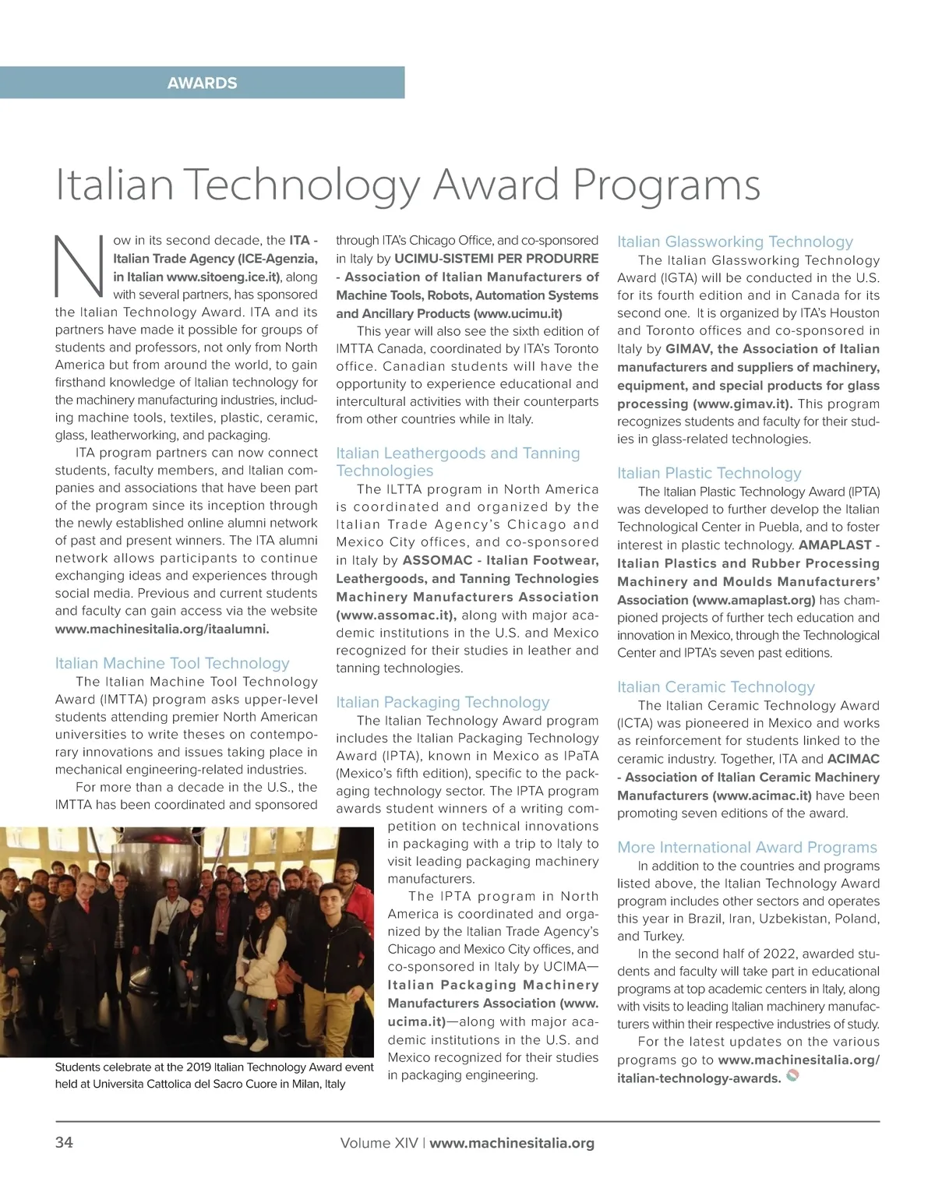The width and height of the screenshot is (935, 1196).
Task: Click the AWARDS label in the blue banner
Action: [202, 83]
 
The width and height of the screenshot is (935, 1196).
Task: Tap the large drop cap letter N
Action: [79, 267]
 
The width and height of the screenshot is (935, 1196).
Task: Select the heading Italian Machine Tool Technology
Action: [172, 663]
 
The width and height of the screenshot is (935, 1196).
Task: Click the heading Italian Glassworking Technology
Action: [735, 242]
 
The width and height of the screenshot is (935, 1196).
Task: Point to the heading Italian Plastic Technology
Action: [709, 473]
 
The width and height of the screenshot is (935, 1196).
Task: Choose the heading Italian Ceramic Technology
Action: [715, 686]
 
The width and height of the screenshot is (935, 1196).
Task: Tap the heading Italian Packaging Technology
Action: [443, 702]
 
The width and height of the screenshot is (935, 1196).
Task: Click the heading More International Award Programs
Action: [746, 847]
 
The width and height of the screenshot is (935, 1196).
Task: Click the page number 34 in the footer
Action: [64, 1143]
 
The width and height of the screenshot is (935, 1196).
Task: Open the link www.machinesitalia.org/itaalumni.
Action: [162, 630]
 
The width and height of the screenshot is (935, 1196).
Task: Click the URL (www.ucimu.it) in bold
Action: [517, 313]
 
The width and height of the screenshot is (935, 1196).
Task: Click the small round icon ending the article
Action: [792, 1077]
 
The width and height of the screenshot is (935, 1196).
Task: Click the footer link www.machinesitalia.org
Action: [512, 1143]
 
